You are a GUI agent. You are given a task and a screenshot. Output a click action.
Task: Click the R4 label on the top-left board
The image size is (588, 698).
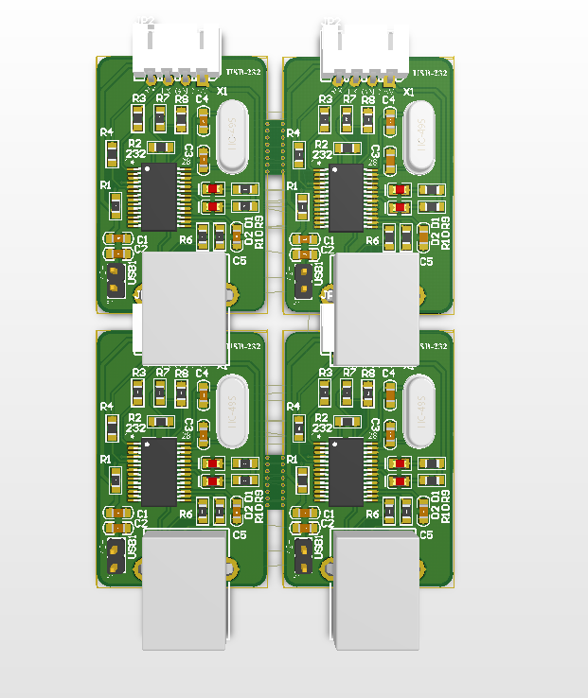pyautogui.click(x=107, y=132)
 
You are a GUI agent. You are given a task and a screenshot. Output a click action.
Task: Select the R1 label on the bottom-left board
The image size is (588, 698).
pyautogui.click(x=106, y=459)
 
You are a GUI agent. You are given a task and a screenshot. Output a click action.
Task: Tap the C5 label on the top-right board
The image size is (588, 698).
pyautogui.click(x=426, y=260)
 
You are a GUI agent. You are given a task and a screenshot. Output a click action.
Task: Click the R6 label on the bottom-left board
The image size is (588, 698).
pyautogui.click(x=186, y=514)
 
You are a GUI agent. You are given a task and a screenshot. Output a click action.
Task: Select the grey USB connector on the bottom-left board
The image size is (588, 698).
pyautogui.click(x=185, y=591)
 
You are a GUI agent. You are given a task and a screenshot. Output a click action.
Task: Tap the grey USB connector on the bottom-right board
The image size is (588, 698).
pyautogui.click(x=376, y=591)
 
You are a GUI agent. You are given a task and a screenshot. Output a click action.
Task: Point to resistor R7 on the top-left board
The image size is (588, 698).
pyautogui.click(x=161, y=119)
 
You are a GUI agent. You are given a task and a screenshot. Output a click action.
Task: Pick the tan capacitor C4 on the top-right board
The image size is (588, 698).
pyautogui.click(x=390, y=119)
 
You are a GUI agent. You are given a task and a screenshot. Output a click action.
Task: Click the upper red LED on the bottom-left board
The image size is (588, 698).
pyautogui.click(x=213, y=462)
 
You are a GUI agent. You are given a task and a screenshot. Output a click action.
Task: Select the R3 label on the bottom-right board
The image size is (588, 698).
pyautogui.click(x=326, y=373)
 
